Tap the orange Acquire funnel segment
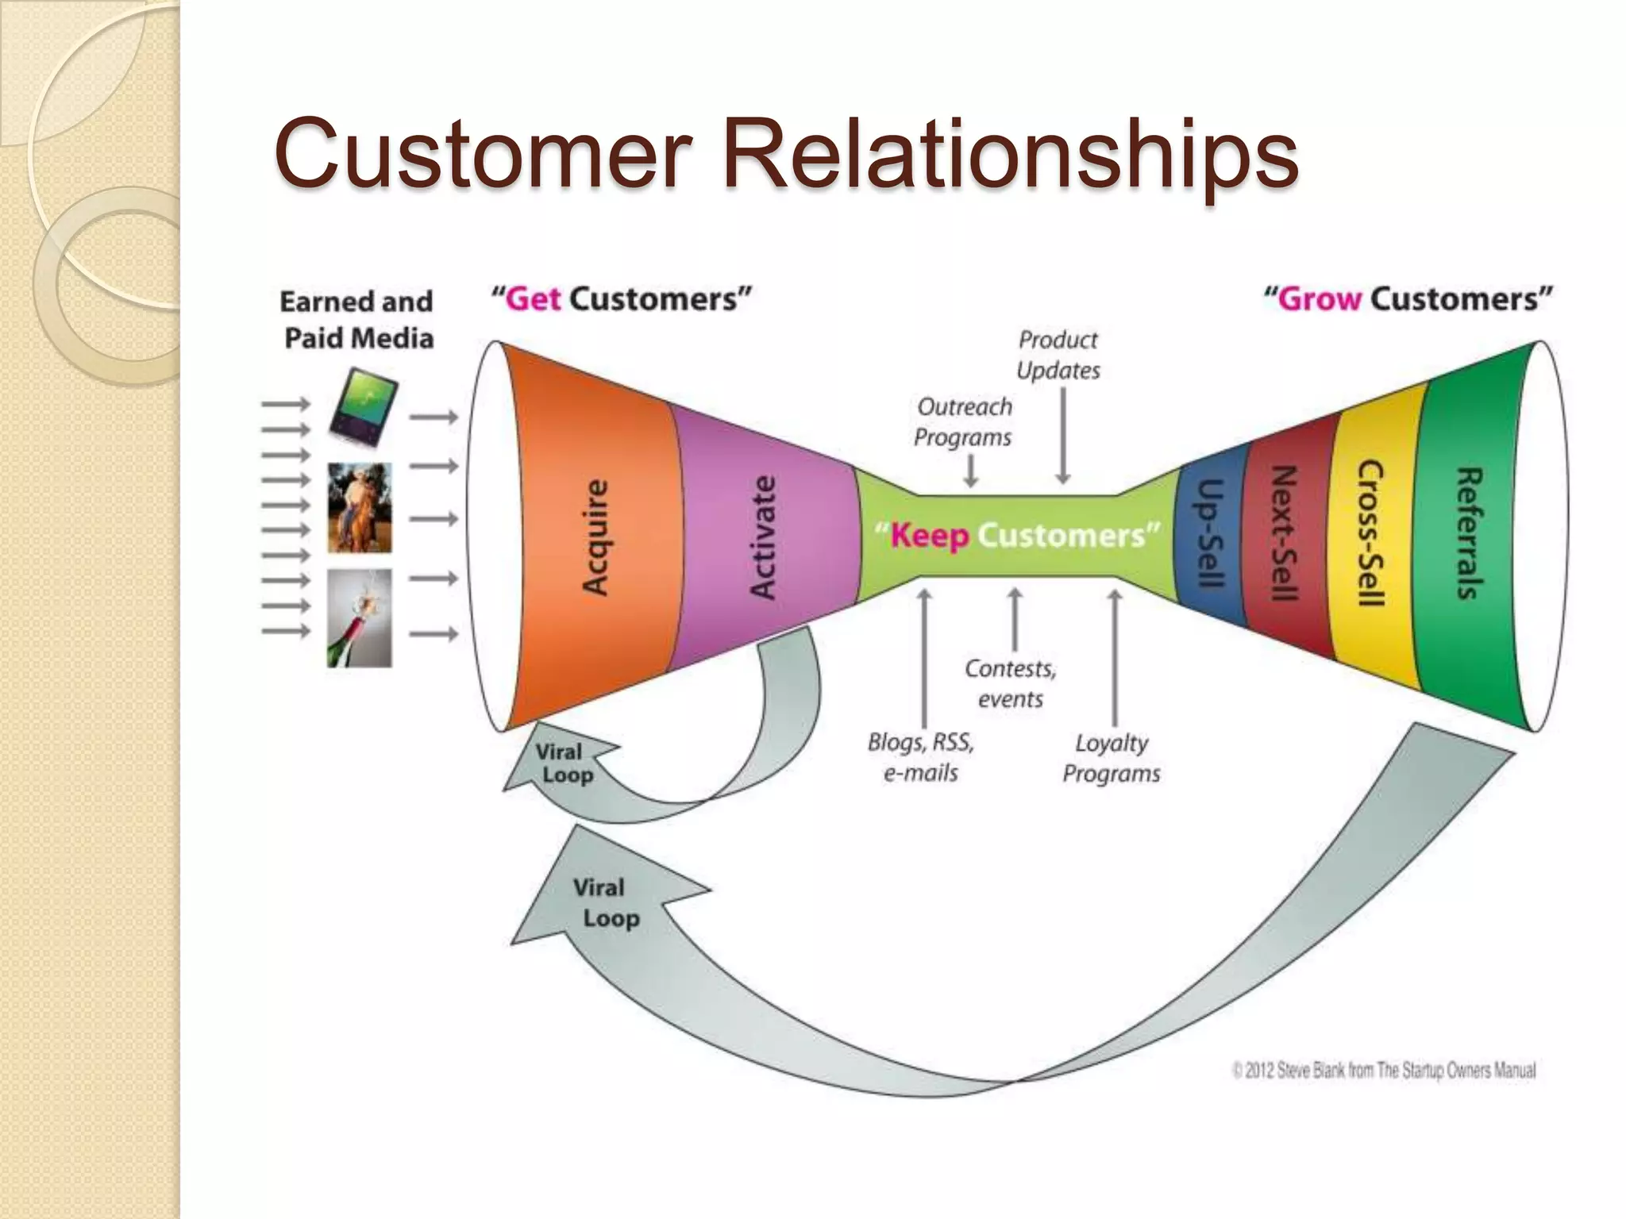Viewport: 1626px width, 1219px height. coord(595,536)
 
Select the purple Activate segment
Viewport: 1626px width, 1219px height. coord(763,536)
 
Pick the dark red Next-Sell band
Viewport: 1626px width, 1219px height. coord(1284,536)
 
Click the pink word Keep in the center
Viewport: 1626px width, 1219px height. coord(929,536)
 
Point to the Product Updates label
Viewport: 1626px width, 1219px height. coord(1058,355)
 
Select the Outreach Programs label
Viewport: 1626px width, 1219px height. coord(964,421)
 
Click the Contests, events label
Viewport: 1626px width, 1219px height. coord(1010,683)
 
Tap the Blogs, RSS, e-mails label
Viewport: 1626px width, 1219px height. coord(921,757)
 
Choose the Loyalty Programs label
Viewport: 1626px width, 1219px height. coord(1112,758)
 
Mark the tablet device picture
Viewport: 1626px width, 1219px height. coord(364,411)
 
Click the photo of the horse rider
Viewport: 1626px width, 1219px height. coord(360,508)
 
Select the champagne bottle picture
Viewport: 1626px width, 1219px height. coord(360,618)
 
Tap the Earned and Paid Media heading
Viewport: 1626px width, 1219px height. coord(357,320)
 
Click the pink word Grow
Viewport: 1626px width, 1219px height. coord(1319,299)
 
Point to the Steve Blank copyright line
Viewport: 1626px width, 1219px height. coord(1384,1071)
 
